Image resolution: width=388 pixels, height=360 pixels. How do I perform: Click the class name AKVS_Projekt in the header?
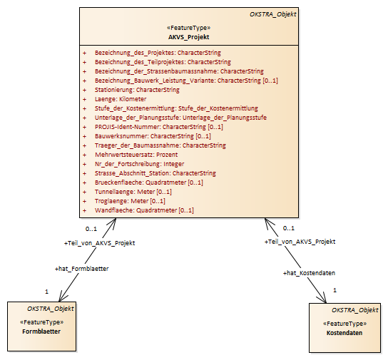[x=189, y=37]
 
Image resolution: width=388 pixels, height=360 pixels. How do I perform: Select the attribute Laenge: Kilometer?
[x=121, y=99]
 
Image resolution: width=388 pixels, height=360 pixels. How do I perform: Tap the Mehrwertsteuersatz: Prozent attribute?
[x=136, y=155]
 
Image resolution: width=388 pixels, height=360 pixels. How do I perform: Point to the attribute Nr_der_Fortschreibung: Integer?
[x=140, y=164]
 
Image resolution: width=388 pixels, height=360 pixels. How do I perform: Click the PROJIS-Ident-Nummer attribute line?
[x=159, y=127]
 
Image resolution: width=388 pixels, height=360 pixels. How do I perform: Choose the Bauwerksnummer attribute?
[x=153, y=136]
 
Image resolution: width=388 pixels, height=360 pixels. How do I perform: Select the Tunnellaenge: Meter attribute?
[x=133, y=192]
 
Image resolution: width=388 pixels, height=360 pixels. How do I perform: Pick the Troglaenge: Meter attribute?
[x=130, y=201]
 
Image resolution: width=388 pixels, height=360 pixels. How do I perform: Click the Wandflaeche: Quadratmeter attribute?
[x=144, y=210]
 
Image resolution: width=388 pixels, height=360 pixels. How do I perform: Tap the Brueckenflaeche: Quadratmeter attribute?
[x=149, y=182]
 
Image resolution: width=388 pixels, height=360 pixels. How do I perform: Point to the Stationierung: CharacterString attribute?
[x=137, y=90]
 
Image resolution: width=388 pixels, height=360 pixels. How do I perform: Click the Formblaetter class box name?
[x=41, y=331]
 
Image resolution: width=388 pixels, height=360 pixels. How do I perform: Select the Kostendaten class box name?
[x=344, y=333]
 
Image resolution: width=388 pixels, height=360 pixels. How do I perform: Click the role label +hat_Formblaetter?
[x=81, y=269]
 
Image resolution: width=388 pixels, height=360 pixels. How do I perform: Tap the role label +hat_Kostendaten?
[x=309, y=273]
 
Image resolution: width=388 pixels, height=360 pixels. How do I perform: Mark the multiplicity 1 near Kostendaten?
[x=335, y=290]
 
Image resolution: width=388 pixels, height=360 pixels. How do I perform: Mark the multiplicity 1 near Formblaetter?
[x=46, y=292]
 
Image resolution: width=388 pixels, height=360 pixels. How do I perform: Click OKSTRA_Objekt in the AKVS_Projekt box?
[x=272, y=14]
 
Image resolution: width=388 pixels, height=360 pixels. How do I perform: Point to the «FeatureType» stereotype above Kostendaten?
[x=345, y=324]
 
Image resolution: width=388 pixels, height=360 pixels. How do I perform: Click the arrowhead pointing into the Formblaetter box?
[x=62, y=297]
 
